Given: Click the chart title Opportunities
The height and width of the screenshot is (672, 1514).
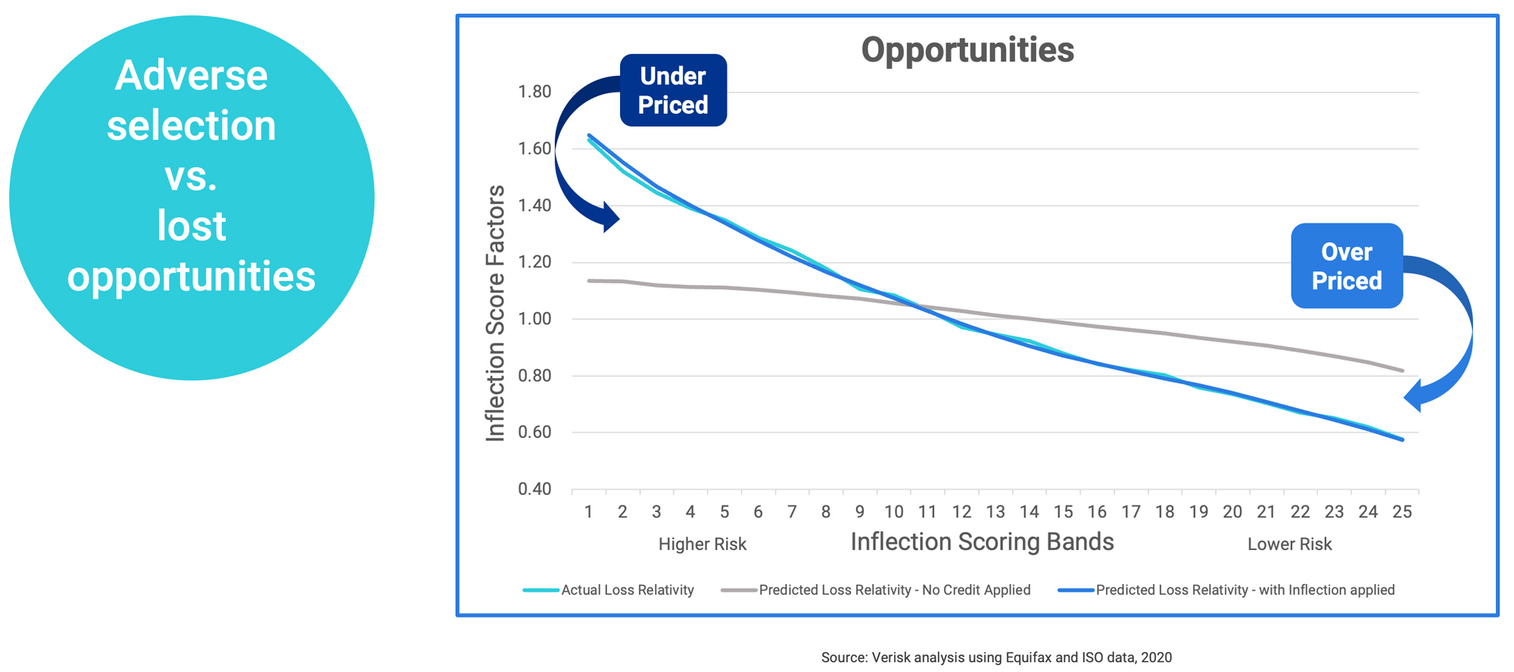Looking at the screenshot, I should coord(967,50).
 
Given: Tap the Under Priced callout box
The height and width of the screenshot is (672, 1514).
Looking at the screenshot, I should coord(673,90).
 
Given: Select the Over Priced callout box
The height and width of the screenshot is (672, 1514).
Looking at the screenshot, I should coord(1347,266).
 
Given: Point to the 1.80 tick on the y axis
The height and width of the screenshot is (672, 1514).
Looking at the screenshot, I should coord(534,92).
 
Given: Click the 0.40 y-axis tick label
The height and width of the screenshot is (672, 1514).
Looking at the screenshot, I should coord(534,489).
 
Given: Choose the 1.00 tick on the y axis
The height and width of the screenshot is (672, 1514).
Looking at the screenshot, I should coord(534,319).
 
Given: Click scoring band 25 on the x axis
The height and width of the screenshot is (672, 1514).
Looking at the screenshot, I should coord(1402,512).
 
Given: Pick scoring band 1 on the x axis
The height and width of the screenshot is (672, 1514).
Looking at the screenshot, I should coord(588,512).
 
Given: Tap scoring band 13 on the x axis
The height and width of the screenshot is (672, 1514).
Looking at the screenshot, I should coord(995,512).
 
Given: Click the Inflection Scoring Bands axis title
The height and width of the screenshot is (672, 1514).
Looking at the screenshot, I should coord(982,542).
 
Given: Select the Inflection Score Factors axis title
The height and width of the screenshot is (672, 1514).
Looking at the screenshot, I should coord(495,313).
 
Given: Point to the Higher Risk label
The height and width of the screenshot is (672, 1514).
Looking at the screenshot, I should coord(702,544).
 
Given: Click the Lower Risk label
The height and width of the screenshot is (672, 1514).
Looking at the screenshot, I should coord(1289,544).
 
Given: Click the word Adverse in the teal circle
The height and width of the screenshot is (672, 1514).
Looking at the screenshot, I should coord(192,76).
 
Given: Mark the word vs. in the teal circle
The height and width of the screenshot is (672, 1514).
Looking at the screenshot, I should coord(192,176).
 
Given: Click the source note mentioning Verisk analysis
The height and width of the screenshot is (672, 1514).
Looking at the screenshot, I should coord(996,658).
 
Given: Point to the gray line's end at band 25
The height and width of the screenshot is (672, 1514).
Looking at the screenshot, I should coord(1403,370).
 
